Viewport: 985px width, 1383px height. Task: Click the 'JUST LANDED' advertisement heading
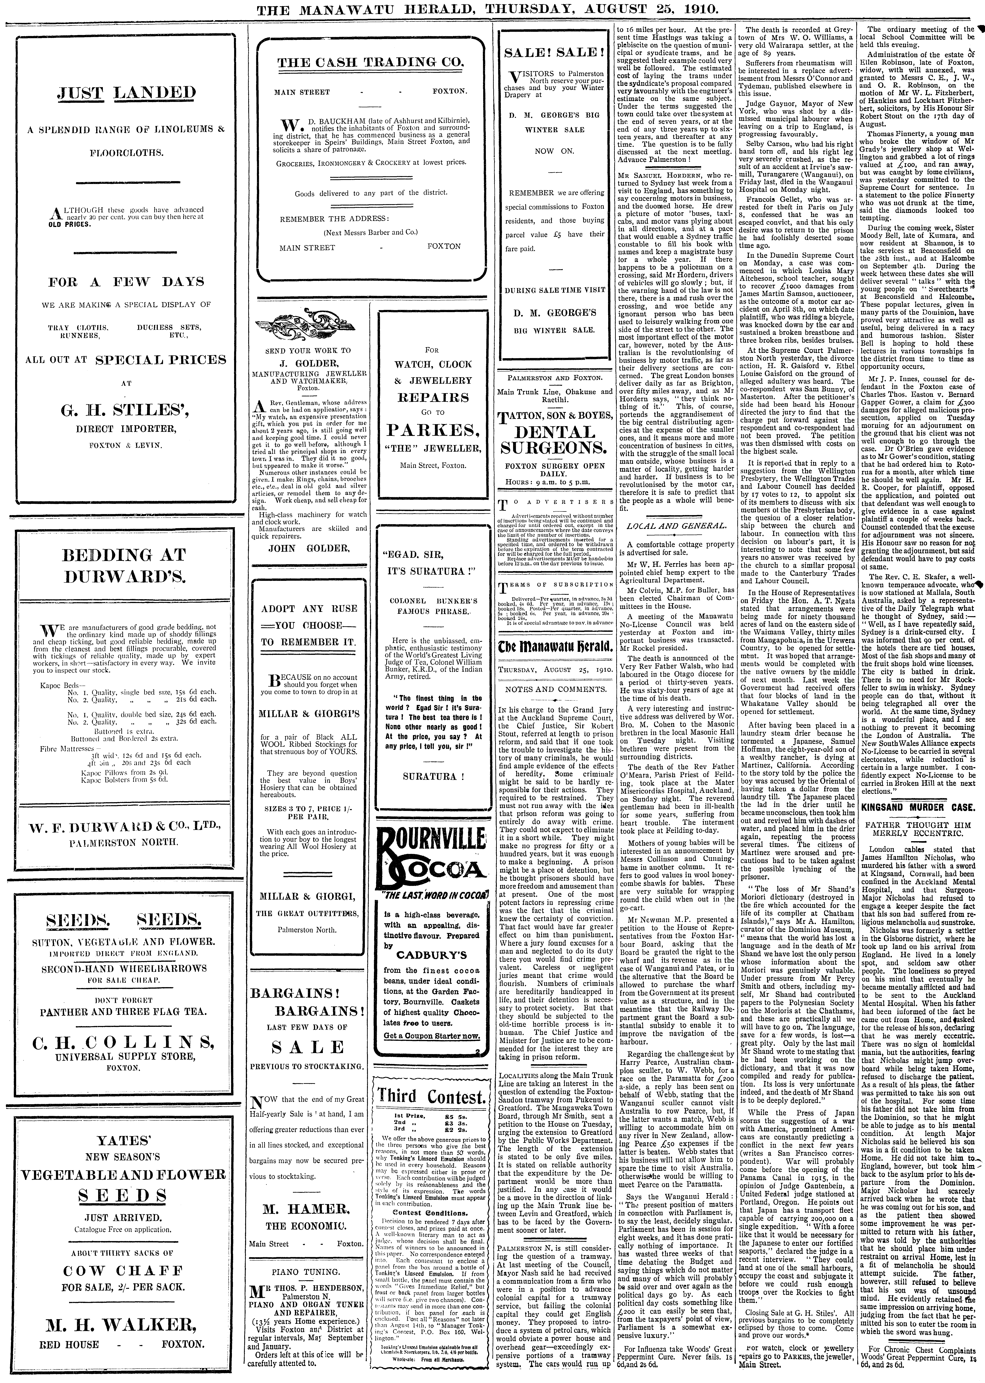126,93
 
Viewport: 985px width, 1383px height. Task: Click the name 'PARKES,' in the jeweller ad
433,430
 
